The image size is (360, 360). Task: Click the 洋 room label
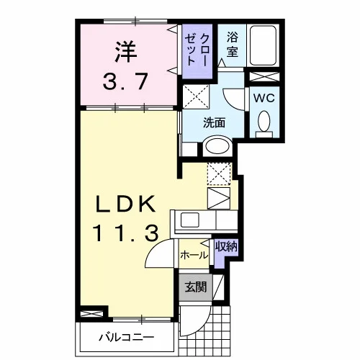click(126, 52)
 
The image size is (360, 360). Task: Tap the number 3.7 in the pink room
click(125, 81)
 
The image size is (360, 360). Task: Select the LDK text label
click(125, 204)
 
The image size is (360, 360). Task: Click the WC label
click(264, 98)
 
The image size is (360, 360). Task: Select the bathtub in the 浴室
click(263, 45)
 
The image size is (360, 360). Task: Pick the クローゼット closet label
click(197, 50)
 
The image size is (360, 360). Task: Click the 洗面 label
click(214, 122)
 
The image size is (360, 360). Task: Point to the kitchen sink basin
click(189, 220)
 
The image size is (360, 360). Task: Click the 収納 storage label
click(226, 246)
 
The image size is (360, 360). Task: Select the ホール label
click(194, 255)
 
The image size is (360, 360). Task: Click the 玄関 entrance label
click(196, 287)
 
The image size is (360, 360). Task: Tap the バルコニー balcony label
click(127, 338)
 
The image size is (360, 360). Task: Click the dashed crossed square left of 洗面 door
click(196, 96)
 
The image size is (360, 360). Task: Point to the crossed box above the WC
click(264, 76)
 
